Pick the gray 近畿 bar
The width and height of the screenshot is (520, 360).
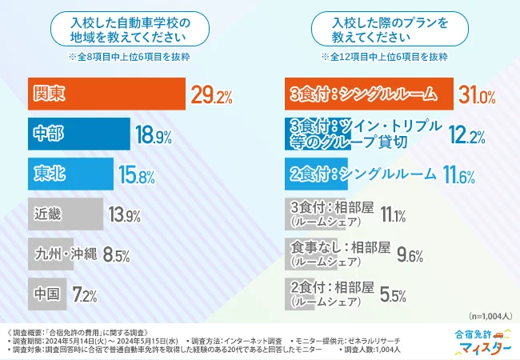coord(65,214)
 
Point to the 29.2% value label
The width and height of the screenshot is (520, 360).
coord(211,97)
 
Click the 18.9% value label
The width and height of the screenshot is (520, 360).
coord(154,136)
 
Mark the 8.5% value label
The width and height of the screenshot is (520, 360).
coord(117,255)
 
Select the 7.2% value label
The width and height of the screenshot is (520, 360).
coord(83,295)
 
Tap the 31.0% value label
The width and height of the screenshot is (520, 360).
coord(477,97)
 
